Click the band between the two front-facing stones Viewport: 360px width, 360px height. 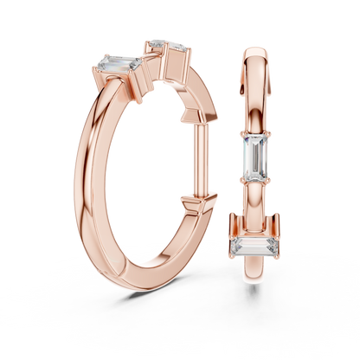tap(259, 212)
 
